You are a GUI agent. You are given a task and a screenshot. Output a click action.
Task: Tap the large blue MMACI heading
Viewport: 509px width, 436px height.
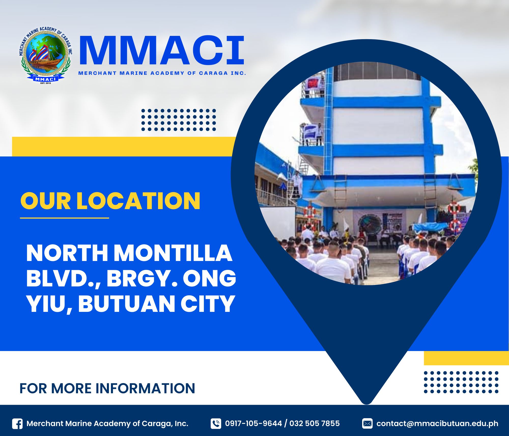pyautogui.click(x=162, y=51)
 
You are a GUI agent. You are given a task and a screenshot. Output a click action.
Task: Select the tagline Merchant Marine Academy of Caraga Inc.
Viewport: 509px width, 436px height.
pyautogui.click(x=162, y=73)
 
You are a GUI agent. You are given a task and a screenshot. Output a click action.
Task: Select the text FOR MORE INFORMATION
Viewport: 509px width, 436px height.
pyautogui.click(x=107, y=388)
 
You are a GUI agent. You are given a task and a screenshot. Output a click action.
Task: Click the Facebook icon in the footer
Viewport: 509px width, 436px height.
pyautogui.click(x=17, y=424)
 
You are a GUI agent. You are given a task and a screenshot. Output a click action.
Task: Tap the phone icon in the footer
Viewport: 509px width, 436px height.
pyautogui.click(x=216, y=424)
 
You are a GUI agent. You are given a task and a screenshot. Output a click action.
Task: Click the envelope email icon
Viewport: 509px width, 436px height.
pyautogui.click(x=367, y=424)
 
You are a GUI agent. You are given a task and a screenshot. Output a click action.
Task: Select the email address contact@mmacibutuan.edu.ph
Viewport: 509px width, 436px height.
pyautogui.click(x=437, y=424)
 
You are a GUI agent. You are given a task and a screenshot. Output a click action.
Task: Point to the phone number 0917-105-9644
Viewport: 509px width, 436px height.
pyautogui.click(x=253, y=424)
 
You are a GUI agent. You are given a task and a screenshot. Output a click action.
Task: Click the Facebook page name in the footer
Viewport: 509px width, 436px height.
pyautogui.click(x=107, y=424)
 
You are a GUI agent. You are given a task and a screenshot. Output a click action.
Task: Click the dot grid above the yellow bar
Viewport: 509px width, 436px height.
pyautogui.click(x=179, y=120)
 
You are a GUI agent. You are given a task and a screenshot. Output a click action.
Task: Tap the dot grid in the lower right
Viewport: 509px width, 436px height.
pyautogui.click(x=461, y=382)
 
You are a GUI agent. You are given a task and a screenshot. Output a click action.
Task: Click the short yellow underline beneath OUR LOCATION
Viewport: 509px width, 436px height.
pyautogui.click(x=64, y=218)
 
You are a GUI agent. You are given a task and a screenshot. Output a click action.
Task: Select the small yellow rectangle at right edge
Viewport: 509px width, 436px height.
pyautogui.click(x=466, y=358)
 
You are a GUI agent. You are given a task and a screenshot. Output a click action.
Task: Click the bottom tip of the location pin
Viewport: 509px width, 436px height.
pyautogui.click(x=366, y=404)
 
